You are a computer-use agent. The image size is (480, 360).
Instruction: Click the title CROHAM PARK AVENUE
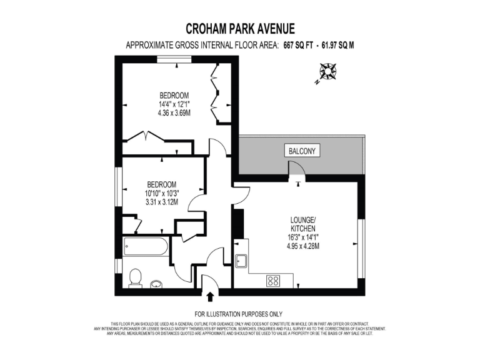[x=241, y=29]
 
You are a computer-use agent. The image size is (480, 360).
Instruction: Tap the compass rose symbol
[x=327, y=72]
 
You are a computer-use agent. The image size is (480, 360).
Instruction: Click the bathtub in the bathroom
[x=146, y=246]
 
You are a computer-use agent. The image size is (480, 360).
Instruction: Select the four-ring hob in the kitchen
[x=273, y=281]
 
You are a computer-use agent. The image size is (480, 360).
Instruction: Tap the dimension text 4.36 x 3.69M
[x=174, y=113]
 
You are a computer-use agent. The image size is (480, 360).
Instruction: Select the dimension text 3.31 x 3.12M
[x=162, y=202]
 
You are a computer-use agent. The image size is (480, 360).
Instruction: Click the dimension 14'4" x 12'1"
[x=174, y=104]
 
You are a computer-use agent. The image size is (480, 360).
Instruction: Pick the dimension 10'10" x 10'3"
[x=162, y=193]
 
